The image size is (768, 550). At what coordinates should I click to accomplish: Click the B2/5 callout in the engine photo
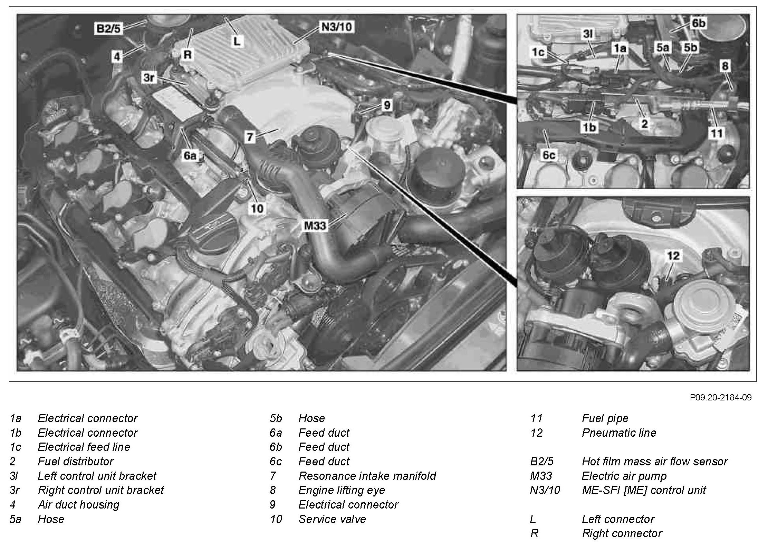click(108, 28)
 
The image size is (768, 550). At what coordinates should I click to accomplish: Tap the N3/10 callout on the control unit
click(337, 27)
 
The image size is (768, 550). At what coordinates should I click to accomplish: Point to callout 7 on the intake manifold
click(250, 137)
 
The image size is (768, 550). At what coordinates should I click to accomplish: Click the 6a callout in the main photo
click(190, 156)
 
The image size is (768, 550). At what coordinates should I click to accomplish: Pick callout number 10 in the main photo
click(257, 208)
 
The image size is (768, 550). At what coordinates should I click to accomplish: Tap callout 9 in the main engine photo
click(387, 105)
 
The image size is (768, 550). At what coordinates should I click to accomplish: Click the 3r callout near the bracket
click(149, 78)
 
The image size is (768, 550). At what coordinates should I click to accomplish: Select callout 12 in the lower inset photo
click(673, 256)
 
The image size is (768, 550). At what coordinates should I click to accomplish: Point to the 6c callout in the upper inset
click(549, 155)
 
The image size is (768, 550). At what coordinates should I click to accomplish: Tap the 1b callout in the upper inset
click(589, 127)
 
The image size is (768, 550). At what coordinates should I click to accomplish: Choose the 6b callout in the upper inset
click(698, 23)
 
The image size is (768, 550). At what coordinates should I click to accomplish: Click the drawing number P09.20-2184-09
click(721, 397)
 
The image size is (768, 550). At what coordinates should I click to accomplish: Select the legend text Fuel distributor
click(75, 461)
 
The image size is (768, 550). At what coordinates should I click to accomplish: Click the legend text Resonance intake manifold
click(367, 476)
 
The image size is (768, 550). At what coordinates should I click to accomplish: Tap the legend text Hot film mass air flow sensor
click(654, 461)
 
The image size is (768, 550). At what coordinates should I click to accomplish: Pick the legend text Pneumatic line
click(619, 433)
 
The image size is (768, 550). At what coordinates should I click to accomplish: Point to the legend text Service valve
click(332, 519)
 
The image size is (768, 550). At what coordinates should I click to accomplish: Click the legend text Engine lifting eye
click(342, 490)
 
